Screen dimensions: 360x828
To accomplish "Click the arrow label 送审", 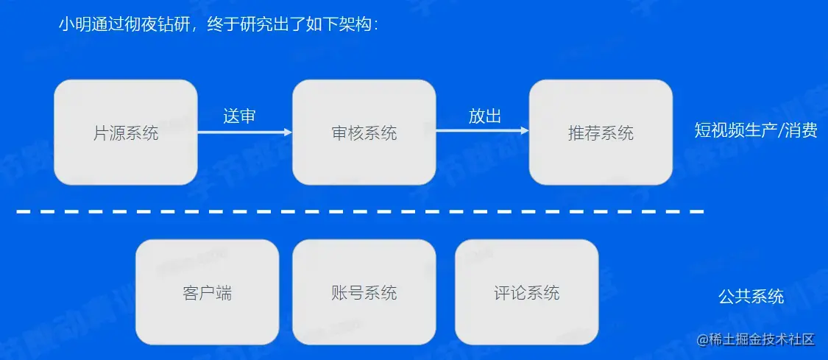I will (x=239, y=116).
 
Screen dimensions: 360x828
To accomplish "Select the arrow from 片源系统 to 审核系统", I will (x=244, y=133).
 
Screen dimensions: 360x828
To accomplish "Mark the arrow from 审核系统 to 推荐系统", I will (x=482, y=132).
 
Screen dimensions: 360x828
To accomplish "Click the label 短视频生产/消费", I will (x=756, y=131).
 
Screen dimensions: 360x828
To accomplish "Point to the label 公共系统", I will (x=751, y=297).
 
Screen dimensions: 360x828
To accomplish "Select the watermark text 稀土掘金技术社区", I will (x=762, y=339).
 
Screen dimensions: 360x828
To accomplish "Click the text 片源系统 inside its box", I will (x=126, y=133).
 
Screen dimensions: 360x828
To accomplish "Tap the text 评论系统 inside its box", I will (x=526, y=294).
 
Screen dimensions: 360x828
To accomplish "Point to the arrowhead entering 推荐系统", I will (x=525, y=132).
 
